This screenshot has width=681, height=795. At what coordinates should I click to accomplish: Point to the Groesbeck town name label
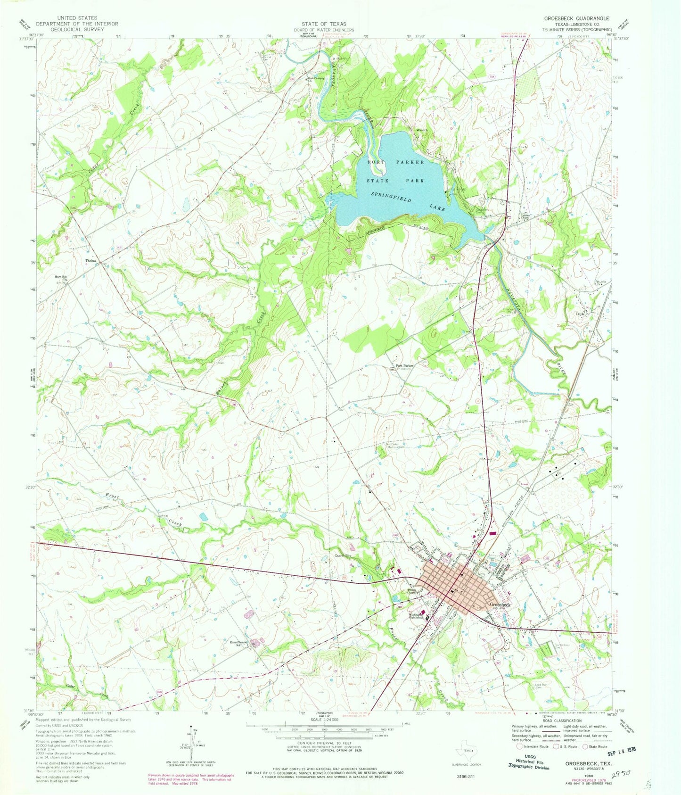pos(500,605)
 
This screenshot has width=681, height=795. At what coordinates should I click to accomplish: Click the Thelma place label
pos(91,261)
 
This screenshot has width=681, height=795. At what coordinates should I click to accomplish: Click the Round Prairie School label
pos(239,643)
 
